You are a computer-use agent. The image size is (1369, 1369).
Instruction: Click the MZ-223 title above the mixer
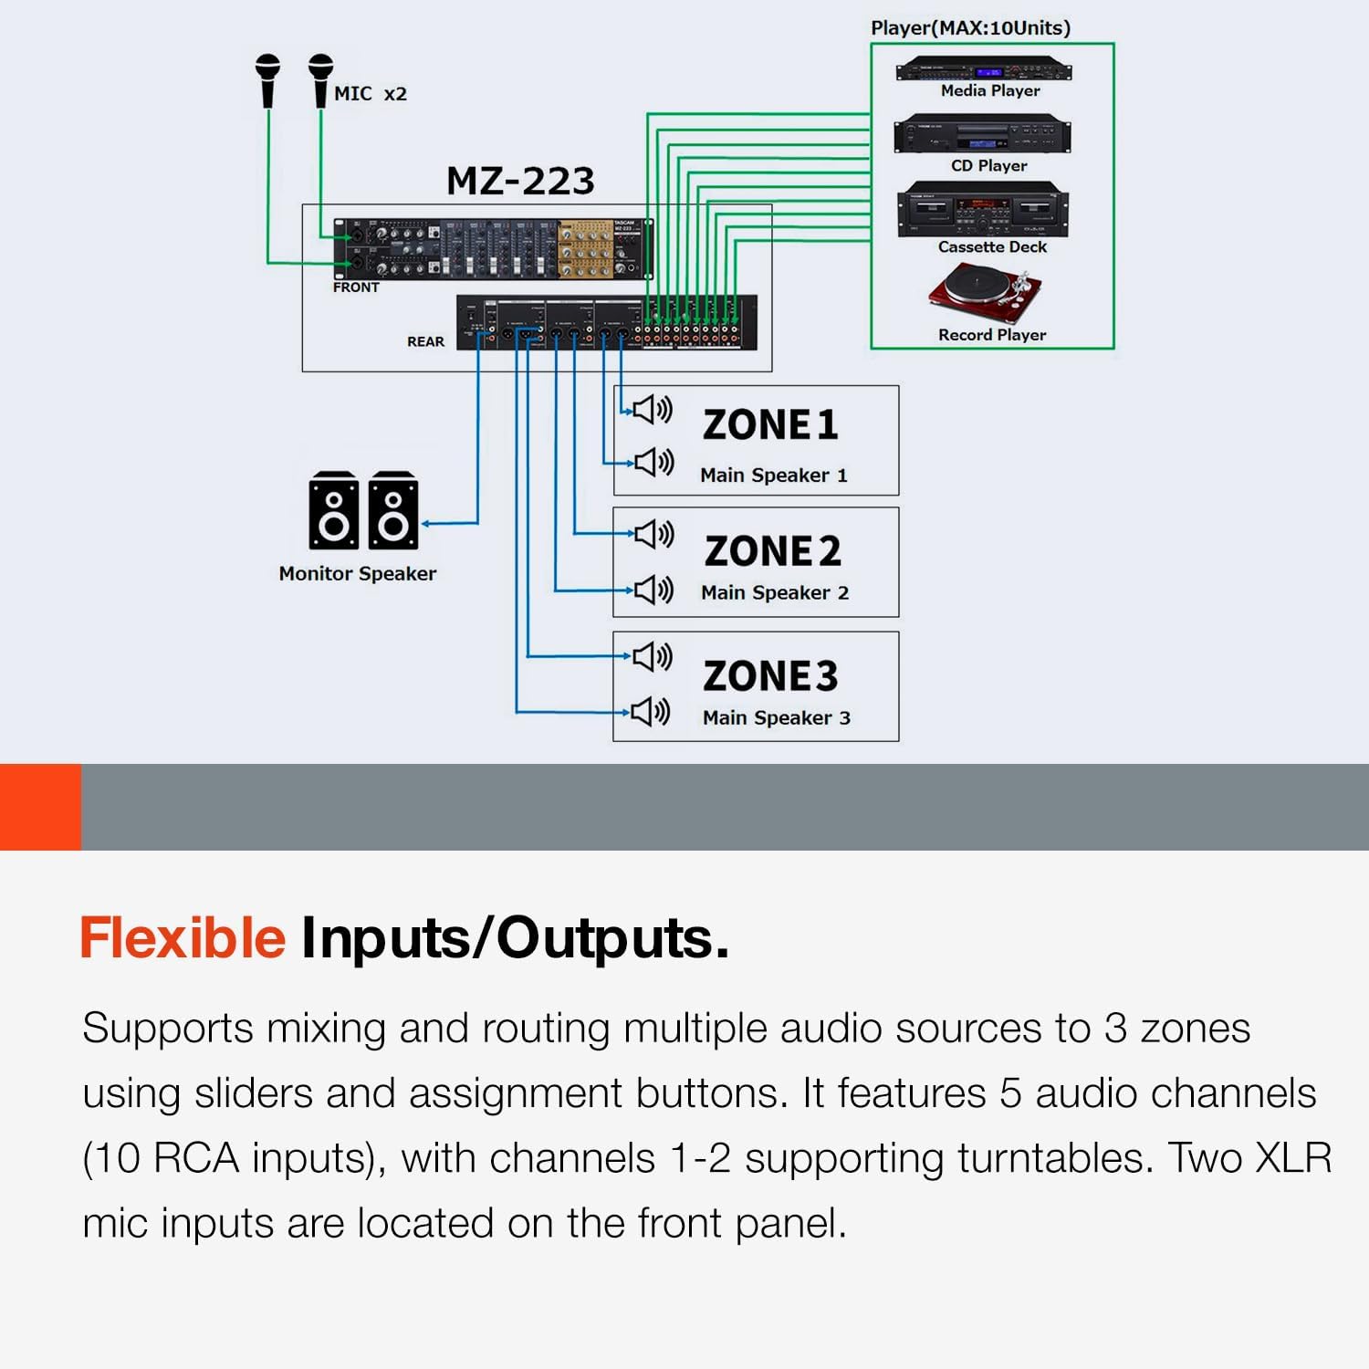[x=520, y=181]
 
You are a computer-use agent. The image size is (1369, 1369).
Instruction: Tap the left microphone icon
[x=267, y=80]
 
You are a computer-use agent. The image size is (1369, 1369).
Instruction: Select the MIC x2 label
[x=370, y=94]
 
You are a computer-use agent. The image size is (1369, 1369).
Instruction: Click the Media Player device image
[x=983, y=69]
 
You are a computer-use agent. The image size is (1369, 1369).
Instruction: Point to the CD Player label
[x=988, y=166]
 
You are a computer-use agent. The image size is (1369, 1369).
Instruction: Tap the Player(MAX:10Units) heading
[x=970, y=27]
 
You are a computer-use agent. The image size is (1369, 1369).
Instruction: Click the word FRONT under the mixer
[x=356, y=287]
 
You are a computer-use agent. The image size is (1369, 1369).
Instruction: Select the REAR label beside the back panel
[x=425, y=341]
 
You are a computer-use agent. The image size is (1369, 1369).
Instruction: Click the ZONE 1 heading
[x=770, y=425]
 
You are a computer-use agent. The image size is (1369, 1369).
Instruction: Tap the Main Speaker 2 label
[x=774, y=593]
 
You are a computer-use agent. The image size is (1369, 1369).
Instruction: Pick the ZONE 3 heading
[x=770, y=676]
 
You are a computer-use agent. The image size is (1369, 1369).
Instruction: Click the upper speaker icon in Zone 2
[x=653, y=534]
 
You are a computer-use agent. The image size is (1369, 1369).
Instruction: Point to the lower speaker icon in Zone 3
[x=652, y=711]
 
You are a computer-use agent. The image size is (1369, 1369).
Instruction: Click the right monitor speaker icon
[x=393, y=511]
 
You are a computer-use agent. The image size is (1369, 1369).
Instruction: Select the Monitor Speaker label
[x=357, y=574]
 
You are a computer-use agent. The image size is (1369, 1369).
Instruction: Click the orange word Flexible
[x=183, y=937]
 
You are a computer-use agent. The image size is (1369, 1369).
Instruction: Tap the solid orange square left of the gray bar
[x=40, y=807]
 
